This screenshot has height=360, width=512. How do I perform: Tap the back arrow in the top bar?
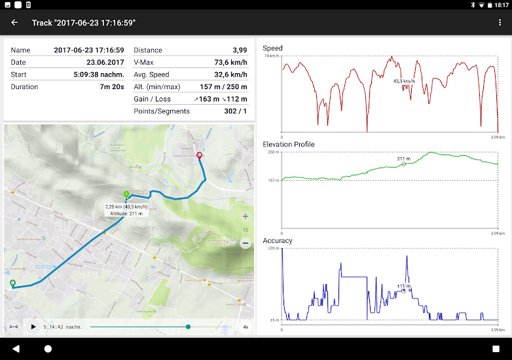[x=14, y=22]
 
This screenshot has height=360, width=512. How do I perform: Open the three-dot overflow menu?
[x=500, y=22]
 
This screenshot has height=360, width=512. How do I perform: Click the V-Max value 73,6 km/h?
[x=230, y=62]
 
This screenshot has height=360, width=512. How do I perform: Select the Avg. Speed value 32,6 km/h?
[x=230, y=75]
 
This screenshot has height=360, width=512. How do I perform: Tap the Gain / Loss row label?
[x=153, y=99]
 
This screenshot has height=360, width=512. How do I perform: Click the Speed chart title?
[x=273, y=48]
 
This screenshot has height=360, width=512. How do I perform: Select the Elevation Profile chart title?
[x=289, y=144]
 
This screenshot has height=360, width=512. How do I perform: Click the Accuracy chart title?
[x=278, y=240]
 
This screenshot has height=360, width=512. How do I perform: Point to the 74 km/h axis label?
[x=272, y=56]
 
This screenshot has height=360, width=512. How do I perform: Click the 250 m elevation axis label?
[x=273, y=153]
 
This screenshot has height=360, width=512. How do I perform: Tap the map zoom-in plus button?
[x=246, y=216]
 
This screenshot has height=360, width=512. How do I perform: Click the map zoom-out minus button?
[x=246, y=243]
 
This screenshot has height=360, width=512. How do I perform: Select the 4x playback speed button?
[x=246, y=326]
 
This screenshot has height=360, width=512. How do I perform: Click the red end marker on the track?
[x=200, y=156]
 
